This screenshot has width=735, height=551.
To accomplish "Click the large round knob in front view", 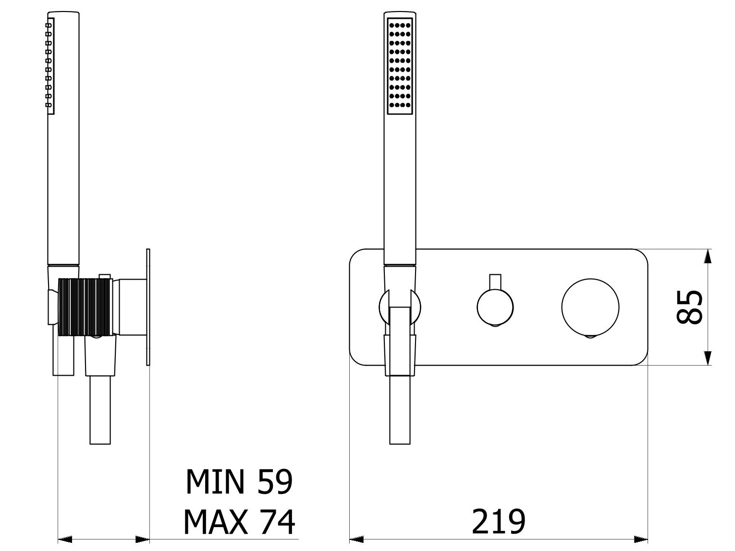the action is pyautogui.click(x=590, y=307).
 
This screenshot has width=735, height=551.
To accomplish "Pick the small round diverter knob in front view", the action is pyautogui.click(x=495, y=307).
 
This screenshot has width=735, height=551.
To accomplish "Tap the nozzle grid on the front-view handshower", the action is pyautogui.click(x=400, y=66).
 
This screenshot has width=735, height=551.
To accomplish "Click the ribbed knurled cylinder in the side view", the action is pyautogui.click(x=86, y=306).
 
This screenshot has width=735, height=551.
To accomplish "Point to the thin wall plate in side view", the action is pyautogui.click(x=148, y=307).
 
